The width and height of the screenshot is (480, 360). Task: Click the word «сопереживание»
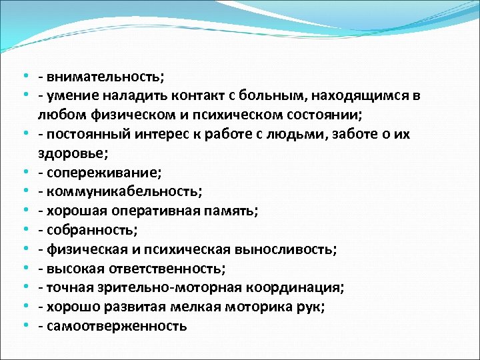(103, 173)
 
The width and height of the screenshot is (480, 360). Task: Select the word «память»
(233, 211)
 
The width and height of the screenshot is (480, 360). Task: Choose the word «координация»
(296, 288)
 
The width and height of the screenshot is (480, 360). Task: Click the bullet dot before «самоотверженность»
(25, 327)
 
